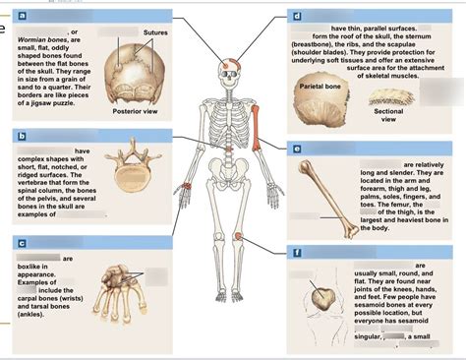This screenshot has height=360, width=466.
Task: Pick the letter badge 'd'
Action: [296, 17]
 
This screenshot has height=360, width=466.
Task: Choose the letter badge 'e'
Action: [296, 149]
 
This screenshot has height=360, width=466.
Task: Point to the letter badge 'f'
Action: [296, 253]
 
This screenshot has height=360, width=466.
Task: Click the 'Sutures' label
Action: [154, 32]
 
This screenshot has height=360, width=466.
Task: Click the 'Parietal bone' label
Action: [319, 88]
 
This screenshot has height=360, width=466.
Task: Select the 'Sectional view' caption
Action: [388, 116]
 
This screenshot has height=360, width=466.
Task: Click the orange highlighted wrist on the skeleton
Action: [187, 186]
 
